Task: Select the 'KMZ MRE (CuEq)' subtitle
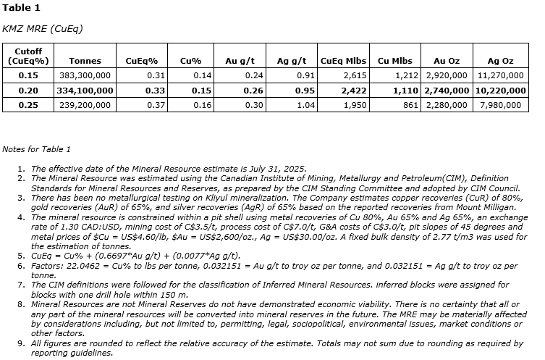(x=43, y=29)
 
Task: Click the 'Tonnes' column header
(x=85, y=61)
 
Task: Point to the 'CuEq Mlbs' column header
(x=343, y=61)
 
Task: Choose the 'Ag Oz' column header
(x=500, y=61)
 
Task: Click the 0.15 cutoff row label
(x=28, y=75)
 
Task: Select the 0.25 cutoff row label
(x=28, y=105)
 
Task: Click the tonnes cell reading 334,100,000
(x=85, y=91)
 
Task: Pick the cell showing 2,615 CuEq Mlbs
(x=355, y=75)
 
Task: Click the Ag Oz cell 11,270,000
(x=500, y=75)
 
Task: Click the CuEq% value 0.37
(x=156, y=105)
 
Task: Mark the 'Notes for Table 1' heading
(x=36, y=149)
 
